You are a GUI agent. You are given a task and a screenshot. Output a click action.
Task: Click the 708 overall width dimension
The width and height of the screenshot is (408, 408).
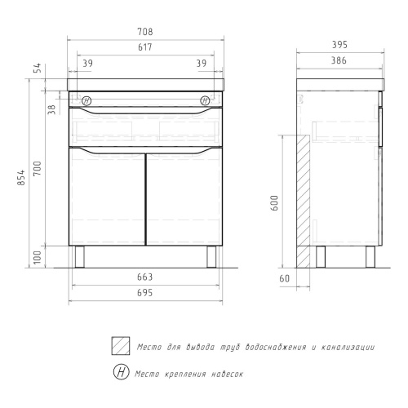(x=145, y=32)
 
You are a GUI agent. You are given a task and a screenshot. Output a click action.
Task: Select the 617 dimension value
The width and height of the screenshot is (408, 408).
(x=145, y=47)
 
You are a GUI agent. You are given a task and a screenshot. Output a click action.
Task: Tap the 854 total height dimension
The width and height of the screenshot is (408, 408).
(x=21, y=177)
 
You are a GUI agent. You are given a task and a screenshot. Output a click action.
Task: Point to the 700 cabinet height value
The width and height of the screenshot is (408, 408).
(x=38, y=168)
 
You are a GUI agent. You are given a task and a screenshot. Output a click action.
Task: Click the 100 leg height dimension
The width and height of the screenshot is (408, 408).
(x=38, y=257)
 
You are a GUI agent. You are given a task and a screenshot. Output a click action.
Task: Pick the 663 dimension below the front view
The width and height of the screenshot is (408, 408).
(x=145, y=277)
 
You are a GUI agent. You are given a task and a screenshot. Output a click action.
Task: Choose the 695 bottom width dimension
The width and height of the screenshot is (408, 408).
(x=145, y=293)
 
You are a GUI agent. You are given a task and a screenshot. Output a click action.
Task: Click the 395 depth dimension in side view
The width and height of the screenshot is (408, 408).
(x=339, y=45)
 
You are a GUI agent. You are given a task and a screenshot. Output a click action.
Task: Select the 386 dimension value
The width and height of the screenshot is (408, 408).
(x=339, y=60)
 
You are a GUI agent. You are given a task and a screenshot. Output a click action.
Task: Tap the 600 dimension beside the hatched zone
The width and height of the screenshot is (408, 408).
(x=274, y=202)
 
